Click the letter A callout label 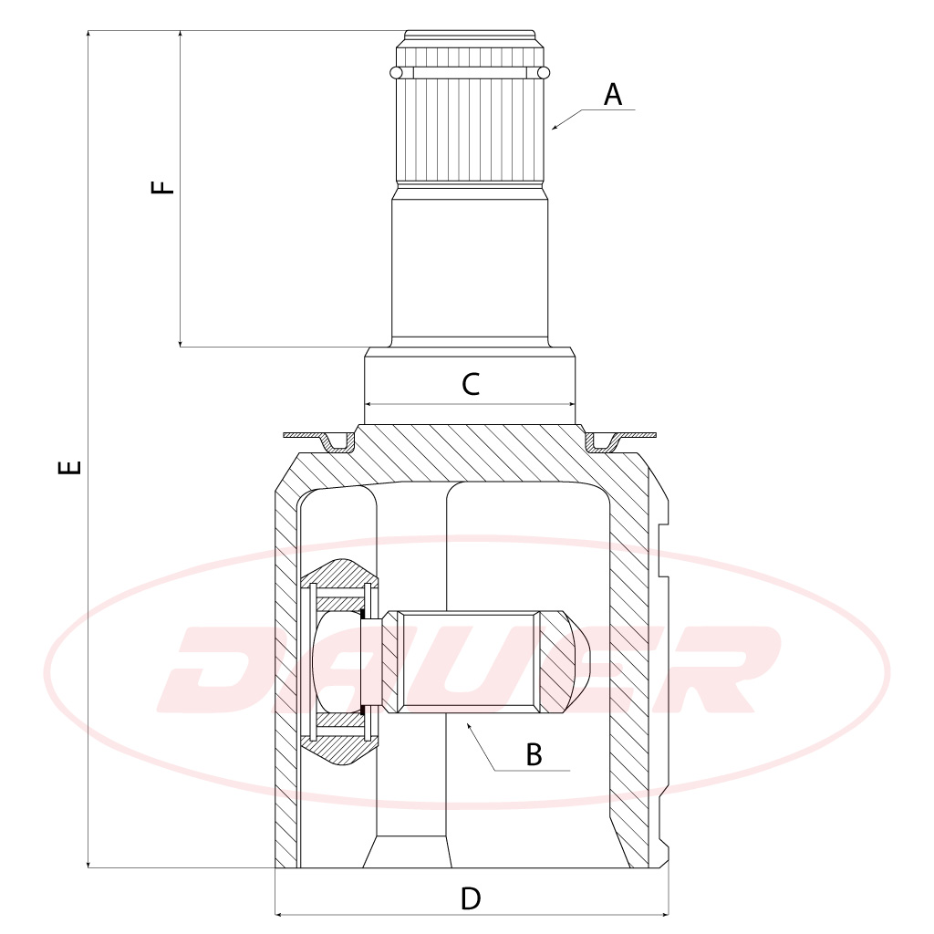[613, 95]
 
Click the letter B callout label [534, 754]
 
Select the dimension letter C [471, 384]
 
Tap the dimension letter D [471, 898]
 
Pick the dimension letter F [162, 186]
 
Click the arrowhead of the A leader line [555, 127]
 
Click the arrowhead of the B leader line [470, 726]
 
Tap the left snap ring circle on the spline [396, 73]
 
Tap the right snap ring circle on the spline [544, 73]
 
